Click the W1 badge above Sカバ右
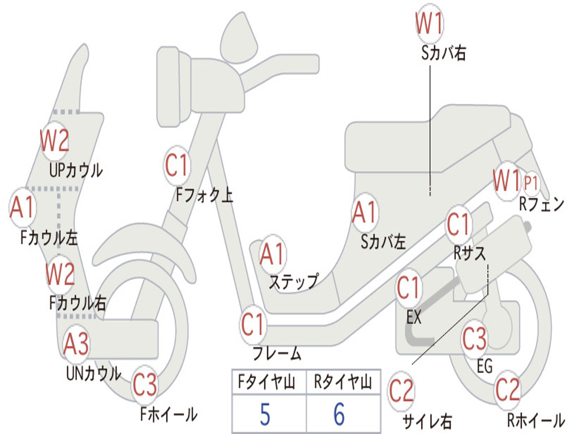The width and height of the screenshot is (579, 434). (429, 23)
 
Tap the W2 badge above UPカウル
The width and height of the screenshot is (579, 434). (55, 140)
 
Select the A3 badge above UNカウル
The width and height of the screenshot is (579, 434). (76, 344)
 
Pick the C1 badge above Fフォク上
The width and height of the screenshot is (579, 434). (177, 166)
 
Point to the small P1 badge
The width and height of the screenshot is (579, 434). (530, 183)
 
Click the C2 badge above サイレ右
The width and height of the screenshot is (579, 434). (401, 391)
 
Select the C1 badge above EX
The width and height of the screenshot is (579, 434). (408, 288)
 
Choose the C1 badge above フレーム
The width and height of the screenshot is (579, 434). (253, 324)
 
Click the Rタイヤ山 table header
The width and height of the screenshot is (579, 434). (343, 382)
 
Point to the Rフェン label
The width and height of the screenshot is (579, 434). (542, 204)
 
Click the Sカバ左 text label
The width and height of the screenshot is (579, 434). (383, 242)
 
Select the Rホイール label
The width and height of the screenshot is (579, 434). (536, 420)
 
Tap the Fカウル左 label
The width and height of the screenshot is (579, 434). (49, 238)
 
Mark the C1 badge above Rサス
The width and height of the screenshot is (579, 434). (458, 224)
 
